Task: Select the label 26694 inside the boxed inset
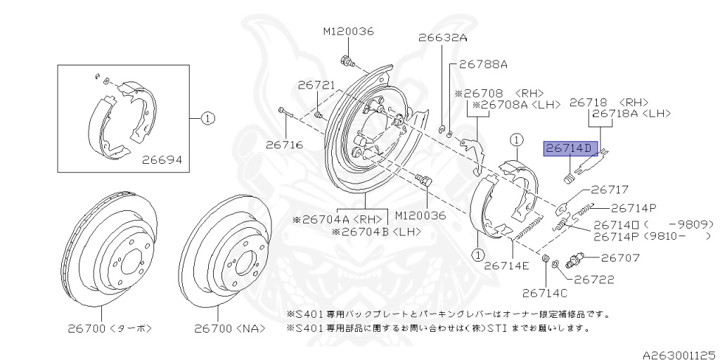tap(162, 160)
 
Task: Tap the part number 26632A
tap(442, 38)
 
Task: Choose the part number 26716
tap(284, 145)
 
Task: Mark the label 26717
tap(610, 190)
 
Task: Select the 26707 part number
tap(621, 258)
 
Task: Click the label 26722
tap(594, 280)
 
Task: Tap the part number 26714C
tap(546, 293)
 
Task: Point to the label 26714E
tap(506, 266)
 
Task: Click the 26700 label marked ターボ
tap(110, 328)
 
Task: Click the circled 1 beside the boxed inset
tap(206, 119)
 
